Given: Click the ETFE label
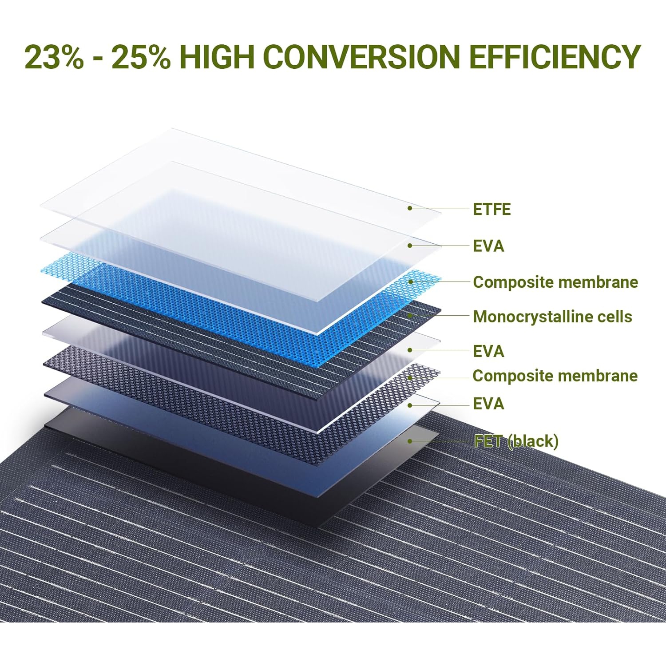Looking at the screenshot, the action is click(x=492, y=209).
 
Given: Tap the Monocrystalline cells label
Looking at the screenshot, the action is click(x=552, y=317).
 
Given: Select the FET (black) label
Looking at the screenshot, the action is click(x=516, y=441).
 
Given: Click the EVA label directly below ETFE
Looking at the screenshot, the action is click(x=488, y=246).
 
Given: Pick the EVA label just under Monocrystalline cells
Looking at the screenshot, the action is click(x=488, y=351).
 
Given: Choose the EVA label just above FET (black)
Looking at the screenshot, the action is click(x=488, y=404).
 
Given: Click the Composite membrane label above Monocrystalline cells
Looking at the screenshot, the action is click(x=555, y=282).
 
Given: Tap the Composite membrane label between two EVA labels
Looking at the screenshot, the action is click(x=555, y=376).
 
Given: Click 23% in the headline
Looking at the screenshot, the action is click(x=54, y=57).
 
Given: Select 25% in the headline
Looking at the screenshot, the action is click(x=141, y=57).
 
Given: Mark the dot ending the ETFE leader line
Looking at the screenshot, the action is click(x=410, y=208).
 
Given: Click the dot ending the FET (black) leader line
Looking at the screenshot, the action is click(x=410, y=441).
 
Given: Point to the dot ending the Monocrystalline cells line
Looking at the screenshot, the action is click(x=410, y=316).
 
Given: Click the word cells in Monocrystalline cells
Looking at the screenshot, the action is click(x=614, y=317).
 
